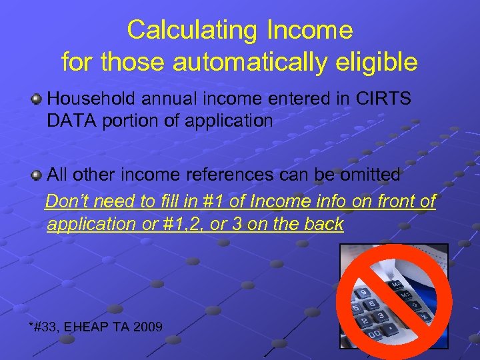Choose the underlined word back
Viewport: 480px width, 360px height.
323,223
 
